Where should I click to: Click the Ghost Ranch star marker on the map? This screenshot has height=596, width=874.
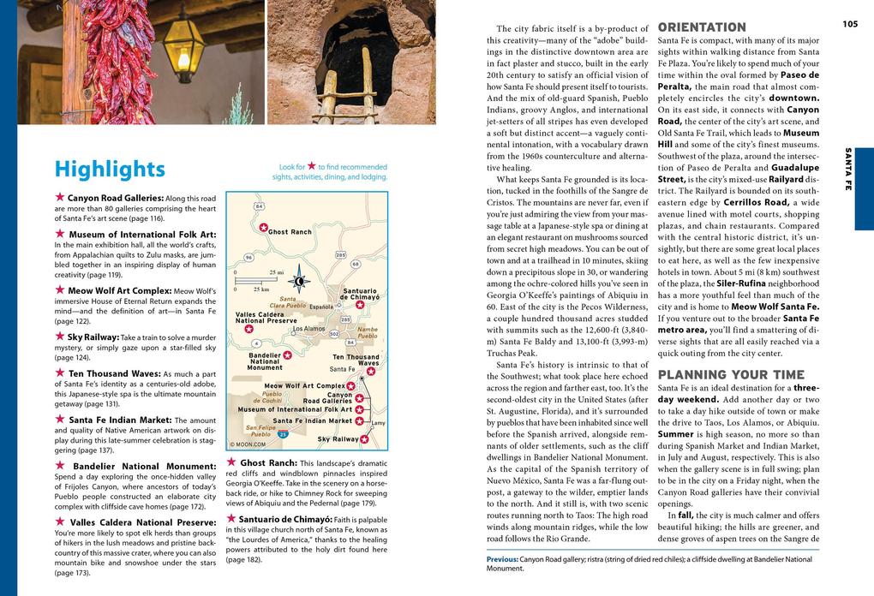(x=264, y=227)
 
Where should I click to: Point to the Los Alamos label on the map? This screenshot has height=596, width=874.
(x=308, y=329)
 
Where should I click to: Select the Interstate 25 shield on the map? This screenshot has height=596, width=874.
(x=283, y=435)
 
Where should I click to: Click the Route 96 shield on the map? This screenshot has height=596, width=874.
(x=248, y=257)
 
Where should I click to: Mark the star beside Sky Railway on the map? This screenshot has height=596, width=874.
(x=365, y=439)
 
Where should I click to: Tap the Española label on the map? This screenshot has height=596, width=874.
(x=321, y=306)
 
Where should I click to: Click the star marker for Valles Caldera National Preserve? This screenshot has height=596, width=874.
(x=248, y=328)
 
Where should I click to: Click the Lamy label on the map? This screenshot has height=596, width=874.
(x=378, y=423)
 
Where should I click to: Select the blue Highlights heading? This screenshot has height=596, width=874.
(x=110, y=170)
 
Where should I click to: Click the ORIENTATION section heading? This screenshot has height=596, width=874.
(x=702, y=27)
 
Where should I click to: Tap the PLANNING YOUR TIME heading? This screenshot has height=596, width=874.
(x=731, y=374)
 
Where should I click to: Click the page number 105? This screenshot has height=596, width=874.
(x=849, y=24)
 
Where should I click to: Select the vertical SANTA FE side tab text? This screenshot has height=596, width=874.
(x=848, y=169)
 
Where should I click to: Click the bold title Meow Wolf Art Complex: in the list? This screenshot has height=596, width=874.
(x=120, y=290)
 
